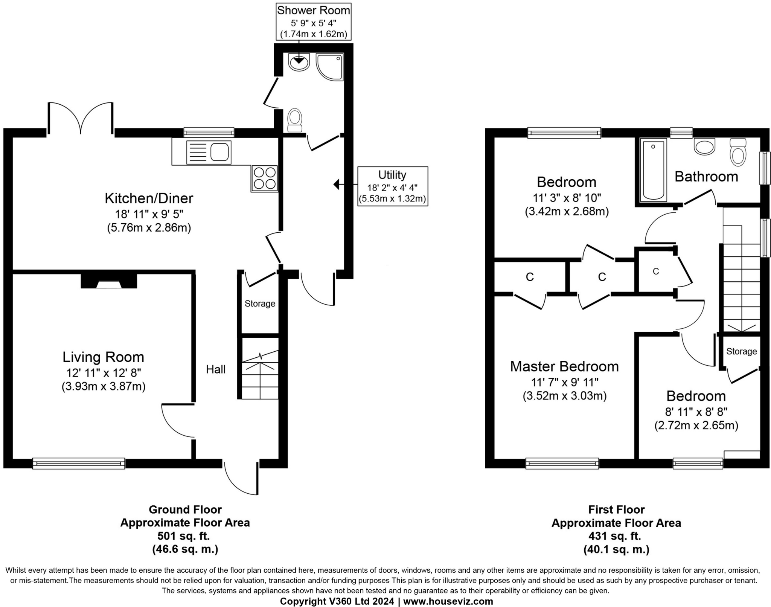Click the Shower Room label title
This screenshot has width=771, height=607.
coord(313,11)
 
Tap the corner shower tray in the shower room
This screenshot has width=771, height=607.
coord(330,67)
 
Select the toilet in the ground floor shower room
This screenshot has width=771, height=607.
coord(295,120)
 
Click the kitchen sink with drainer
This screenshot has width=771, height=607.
coord(209,153)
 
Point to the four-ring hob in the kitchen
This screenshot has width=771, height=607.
coord(264,178)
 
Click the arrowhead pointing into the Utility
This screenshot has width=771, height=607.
coord(337,185)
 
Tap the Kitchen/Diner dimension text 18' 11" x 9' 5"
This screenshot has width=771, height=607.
coord(149,214)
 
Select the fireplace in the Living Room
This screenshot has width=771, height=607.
coord(109,281)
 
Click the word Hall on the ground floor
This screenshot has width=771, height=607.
coord(216,369)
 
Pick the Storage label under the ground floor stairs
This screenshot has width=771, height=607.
coord(260,303)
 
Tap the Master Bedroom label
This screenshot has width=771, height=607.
coord(564,366)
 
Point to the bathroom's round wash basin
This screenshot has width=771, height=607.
coord(704,147)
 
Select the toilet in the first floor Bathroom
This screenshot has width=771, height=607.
coord(737,153)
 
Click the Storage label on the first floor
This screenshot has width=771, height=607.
coord(741,351)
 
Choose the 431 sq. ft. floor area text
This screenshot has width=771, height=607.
coord(616,536)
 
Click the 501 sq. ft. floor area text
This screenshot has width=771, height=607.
coord(185,536)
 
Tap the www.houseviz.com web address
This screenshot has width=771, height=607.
coord(448,601)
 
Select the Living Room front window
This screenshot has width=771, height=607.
coord(79,463)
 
